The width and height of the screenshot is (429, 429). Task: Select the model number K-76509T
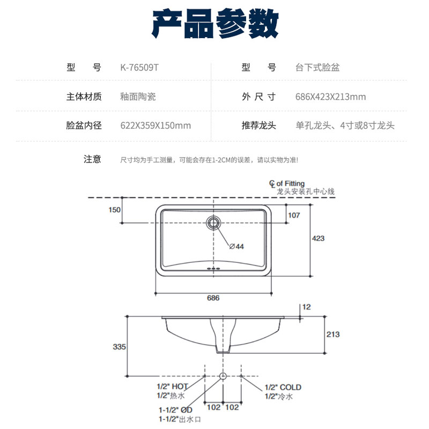point(140,68)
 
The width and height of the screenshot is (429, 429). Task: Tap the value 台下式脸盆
point(317,68)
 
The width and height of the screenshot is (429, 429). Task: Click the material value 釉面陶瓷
point(138,97)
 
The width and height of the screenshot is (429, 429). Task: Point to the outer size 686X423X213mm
point(331,97)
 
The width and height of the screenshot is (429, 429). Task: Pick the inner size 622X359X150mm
point(156,126)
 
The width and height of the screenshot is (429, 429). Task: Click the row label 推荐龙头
point(259,126)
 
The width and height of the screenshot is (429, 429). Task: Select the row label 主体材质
point(84,97)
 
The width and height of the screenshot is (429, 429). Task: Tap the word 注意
point(92,159)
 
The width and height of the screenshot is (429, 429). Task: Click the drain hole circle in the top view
point(214,222)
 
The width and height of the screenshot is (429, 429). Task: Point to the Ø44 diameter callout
point(236,247)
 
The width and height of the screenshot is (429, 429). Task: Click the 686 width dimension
point(213,298)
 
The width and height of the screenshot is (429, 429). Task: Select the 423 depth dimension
point(319,238)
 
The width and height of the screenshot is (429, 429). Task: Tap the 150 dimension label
point(115,210)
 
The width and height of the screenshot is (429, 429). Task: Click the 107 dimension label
point(294,215)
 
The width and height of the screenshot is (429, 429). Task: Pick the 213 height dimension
point(333,334)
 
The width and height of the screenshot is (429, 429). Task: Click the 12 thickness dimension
point(307,307)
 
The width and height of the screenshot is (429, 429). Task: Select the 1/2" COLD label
point(283,387)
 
